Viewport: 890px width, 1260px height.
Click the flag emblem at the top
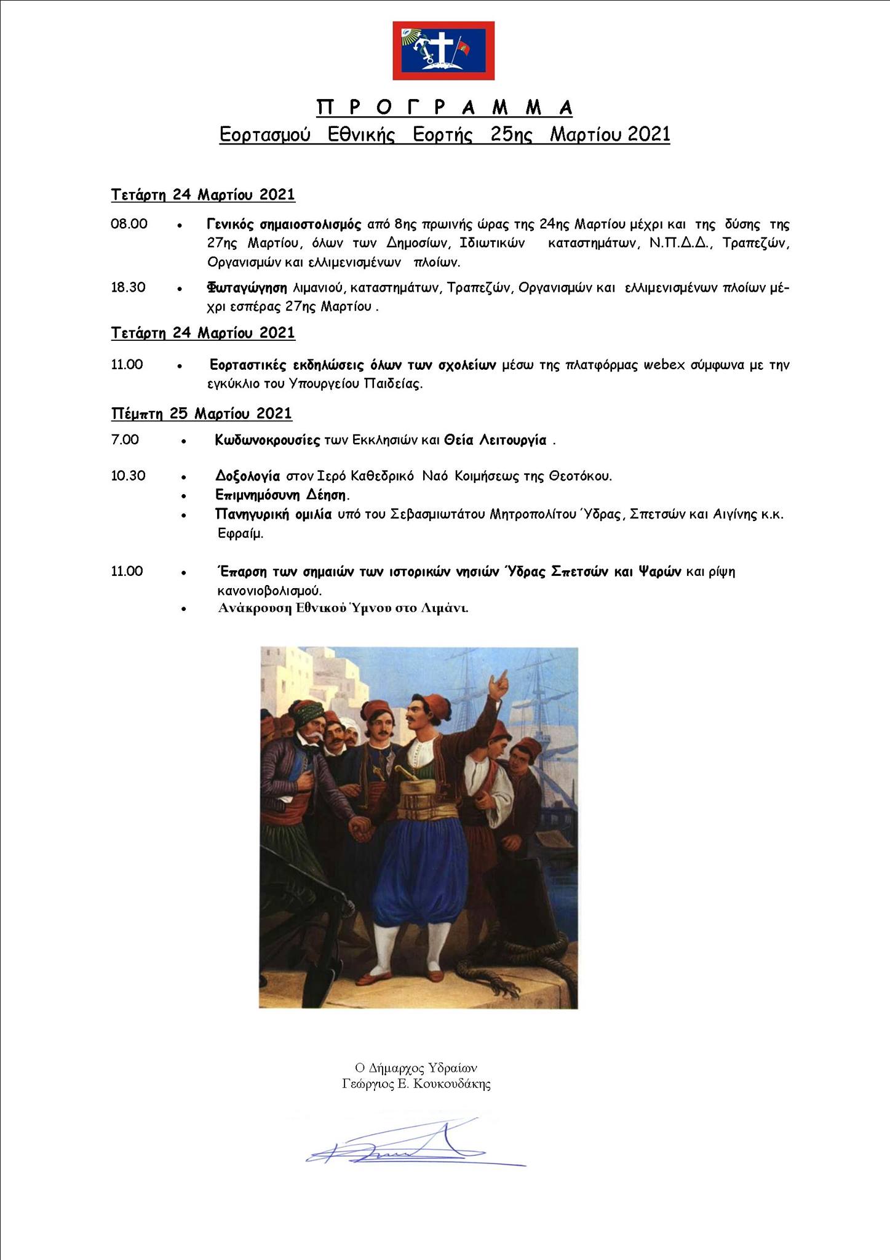coord(443,50)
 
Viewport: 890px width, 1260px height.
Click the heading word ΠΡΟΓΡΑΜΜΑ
coord(445,108)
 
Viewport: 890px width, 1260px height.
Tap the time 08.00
coord(129,224)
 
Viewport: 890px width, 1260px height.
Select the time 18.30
coord(128,287)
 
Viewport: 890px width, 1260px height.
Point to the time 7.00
coord(125,440)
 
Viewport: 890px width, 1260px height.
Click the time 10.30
coord(128,476)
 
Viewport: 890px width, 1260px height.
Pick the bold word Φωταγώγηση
coord(247,287)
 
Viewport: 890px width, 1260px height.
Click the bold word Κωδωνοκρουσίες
coord(268,440)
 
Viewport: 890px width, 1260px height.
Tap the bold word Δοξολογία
coord(248,476)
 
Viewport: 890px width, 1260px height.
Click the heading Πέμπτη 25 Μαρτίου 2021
coord(202,413)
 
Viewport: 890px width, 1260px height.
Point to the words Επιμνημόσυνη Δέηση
coord(282,495)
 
